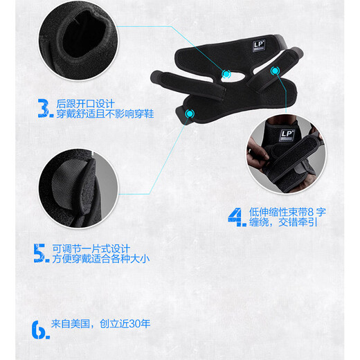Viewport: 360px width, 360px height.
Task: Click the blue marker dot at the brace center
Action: coord(226,73)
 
